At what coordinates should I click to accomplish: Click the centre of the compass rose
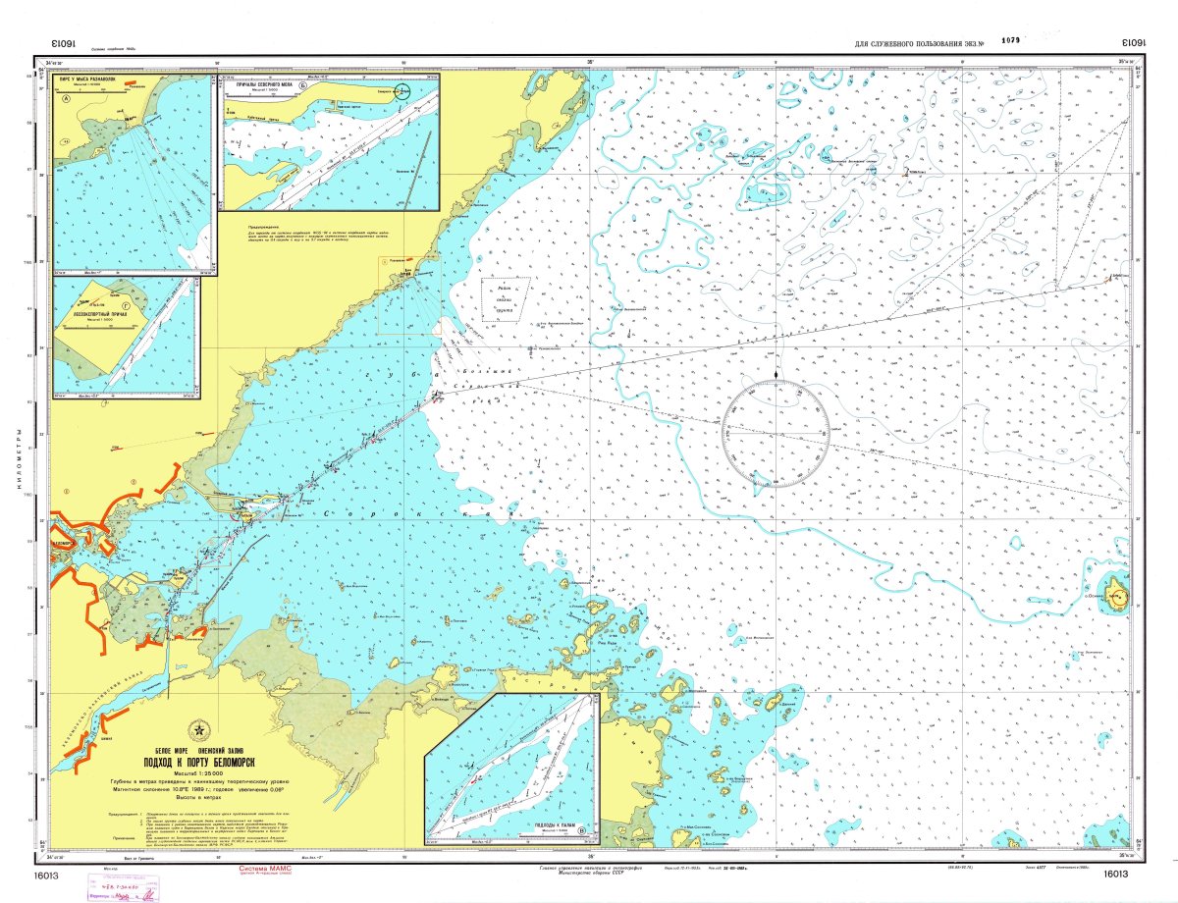(x=776, y=435)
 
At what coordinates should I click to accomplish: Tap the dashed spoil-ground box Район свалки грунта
(x=506, y=298)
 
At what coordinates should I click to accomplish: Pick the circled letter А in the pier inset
(x=66, y=99)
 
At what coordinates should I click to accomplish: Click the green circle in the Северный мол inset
(x=403, y=90)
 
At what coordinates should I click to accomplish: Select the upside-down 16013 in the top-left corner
(x=62, y=44)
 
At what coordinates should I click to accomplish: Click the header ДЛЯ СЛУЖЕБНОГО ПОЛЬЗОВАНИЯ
(x=912, y=44)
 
